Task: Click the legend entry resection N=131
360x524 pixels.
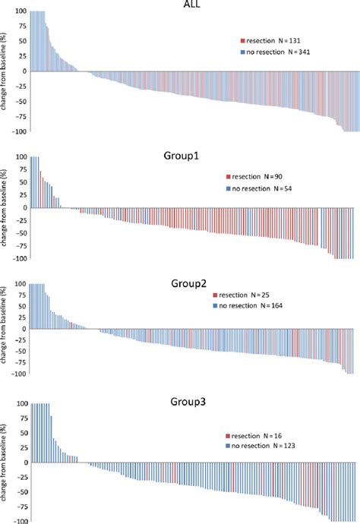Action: (x=274, y=39)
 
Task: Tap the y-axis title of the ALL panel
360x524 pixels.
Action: (x=5, y=72)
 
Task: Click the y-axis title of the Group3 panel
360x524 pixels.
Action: (x=5, y=463)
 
